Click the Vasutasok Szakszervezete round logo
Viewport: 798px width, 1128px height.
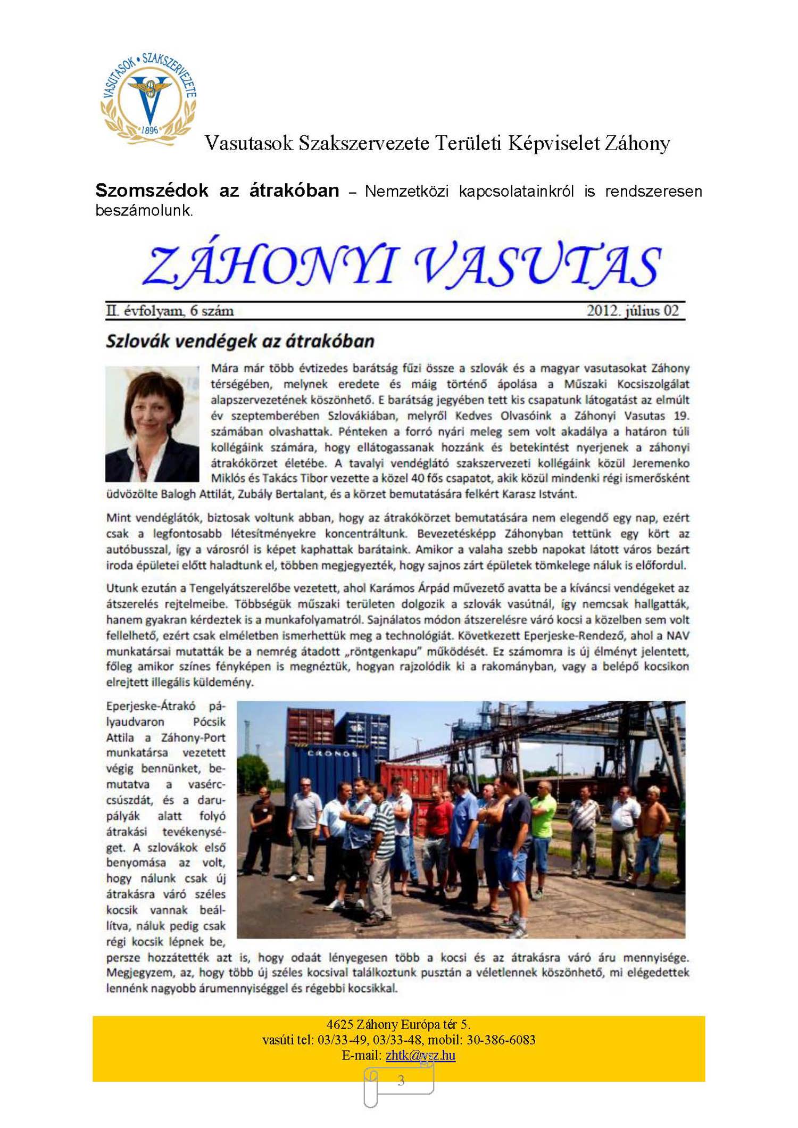tap(148, 99)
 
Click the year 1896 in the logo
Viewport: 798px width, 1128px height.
tap(150, 130)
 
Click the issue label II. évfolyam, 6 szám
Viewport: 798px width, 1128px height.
tap(170, 311)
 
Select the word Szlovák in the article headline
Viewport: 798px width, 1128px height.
tap(138, 341)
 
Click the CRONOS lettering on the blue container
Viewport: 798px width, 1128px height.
tap(332, 753)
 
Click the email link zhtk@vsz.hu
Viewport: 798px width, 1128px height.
tap(420, 1055)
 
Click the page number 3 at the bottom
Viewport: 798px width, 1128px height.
tap(401, 1080)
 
